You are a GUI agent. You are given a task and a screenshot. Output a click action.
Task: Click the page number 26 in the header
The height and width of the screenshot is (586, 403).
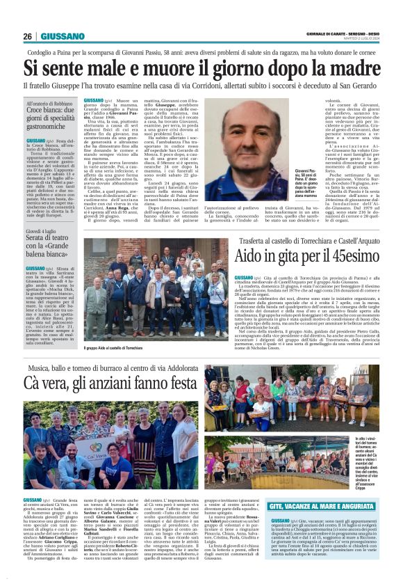tap(28, 36)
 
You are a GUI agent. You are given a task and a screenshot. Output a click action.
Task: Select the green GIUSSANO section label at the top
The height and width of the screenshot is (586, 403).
tap(63, 36)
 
